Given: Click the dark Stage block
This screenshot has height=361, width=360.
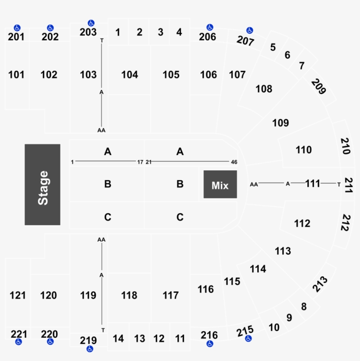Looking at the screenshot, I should click(42, 184).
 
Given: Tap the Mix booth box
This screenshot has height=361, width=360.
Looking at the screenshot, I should click(220, 185).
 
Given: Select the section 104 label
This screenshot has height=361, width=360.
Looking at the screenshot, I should click(130, 75).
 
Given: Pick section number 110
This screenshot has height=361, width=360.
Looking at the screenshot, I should click(303, 150).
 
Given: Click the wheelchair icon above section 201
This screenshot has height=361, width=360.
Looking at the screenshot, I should click(17, 28).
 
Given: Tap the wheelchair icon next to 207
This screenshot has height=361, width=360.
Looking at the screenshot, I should click(249, 30).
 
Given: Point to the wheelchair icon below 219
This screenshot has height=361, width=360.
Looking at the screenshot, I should click(90, 349).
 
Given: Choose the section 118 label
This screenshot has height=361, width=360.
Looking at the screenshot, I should click(130, 295).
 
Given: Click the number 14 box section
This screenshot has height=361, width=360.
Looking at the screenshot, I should click(118, 339).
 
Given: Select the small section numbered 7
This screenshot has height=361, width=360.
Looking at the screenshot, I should click(302, 66).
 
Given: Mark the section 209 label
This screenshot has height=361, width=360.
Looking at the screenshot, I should click(319, 87).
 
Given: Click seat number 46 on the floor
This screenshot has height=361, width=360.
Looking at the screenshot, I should click(234, 162).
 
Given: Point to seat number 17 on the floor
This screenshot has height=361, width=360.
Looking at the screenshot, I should click(140, 162).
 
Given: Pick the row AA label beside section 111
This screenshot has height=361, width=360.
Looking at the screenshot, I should click(254, 184).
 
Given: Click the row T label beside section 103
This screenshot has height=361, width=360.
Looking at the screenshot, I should click(102, 40).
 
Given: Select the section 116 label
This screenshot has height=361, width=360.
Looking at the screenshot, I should click(205, 289).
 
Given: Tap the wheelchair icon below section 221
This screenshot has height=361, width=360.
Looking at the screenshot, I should click(18, 342).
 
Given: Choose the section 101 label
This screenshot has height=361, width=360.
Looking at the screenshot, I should click(16, 75).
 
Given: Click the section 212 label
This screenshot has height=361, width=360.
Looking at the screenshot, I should click(345, 222).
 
